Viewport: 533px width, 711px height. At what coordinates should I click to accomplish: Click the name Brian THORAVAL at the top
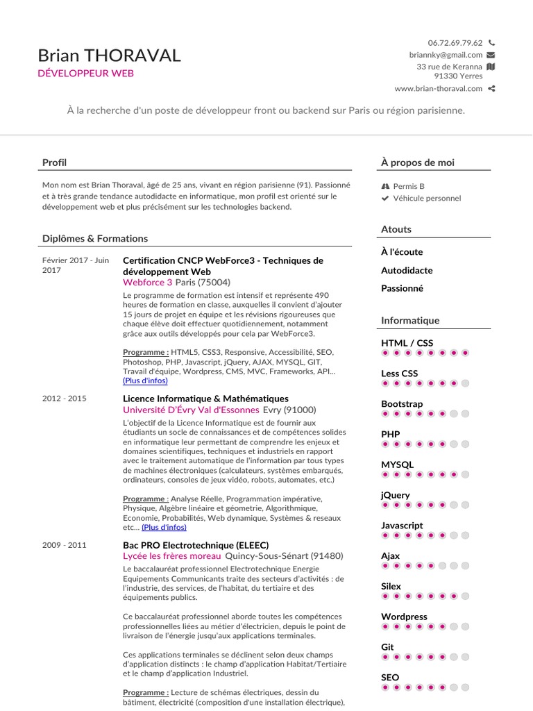[109, 56]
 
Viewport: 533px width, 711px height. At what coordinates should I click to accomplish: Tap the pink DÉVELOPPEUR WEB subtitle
[85, 73]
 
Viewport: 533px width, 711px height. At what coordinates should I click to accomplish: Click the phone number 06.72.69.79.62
[455, 42]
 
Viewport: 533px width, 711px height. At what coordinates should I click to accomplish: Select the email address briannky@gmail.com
[446, 55]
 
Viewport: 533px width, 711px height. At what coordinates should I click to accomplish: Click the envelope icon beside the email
[491, 55]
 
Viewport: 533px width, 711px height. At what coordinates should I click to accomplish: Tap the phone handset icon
[491, 42]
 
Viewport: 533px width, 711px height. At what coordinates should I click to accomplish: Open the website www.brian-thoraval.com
[438, 88]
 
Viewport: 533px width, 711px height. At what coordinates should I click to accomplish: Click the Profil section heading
[54, 162]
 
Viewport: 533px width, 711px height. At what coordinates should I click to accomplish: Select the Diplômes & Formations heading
[95, 238]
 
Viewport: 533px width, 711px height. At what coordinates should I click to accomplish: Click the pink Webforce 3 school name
[148, 283]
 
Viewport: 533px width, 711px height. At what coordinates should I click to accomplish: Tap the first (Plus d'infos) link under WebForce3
[145, 380]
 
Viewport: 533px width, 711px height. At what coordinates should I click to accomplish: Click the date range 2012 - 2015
[64, 399]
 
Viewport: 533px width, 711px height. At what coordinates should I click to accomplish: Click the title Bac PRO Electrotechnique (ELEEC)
[196, 544]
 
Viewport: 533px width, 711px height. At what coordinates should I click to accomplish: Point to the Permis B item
[408, 186]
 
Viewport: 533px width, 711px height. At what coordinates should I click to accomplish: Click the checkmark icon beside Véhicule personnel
[385, 199]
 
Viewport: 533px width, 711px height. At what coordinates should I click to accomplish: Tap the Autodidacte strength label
[407, 270]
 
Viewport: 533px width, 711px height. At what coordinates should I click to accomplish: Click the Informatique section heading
[410, 320]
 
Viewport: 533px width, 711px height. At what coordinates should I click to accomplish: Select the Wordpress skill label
[404, 617]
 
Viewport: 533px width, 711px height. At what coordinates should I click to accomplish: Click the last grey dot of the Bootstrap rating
[465, 414]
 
